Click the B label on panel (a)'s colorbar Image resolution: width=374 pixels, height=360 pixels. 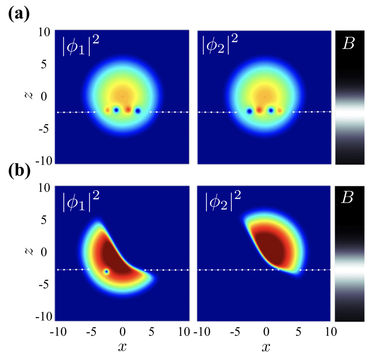[349, 44]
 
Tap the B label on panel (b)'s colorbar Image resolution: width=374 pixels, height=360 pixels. [349, 199]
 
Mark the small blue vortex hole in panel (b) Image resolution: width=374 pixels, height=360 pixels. [106, 272]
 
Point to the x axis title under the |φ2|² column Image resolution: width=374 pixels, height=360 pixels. [265, 347]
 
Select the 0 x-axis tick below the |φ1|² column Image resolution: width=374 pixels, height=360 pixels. [122, 331]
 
